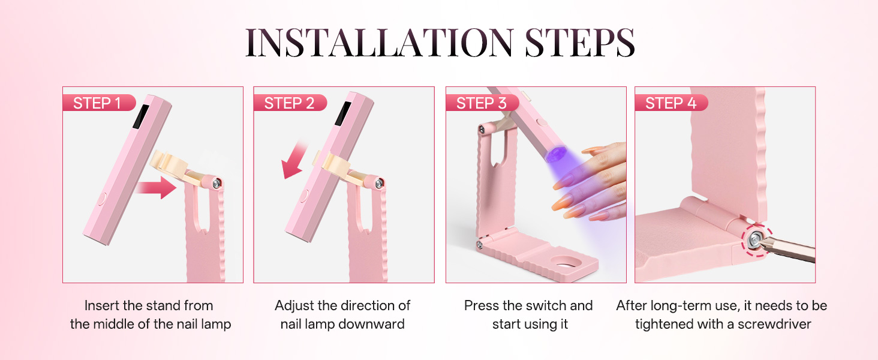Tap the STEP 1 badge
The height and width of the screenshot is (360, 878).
click(x=97, y=103)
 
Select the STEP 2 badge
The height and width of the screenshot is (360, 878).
click(x=289, y=103)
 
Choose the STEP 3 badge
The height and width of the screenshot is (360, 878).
click(x=481, y=103)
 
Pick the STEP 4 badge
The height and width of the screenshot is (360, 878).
click(x=670, y=103)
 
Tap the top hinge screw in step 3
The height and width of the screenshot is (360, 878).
click(x=482, y=130)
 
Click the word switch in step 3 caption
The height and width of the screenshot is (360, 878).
click(x=528, y=305)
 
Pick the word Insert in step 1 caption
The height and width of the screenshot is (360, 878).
click(x=101, y=305)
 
